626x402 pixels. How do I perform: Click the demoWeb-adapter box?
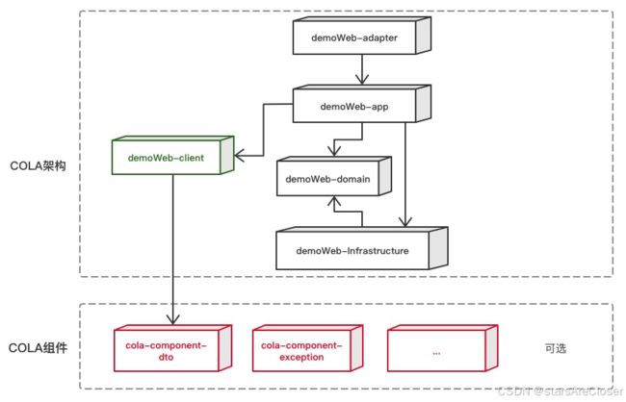(362, 36)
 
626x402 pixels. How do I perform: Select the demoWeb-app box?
(362, 104)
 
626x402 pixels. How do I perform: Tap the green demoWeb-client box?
(172, 155)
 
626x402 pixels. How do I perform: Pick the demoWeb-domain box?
(334, 176)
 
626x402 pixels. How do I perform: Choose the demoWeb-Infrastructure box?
(362, 248)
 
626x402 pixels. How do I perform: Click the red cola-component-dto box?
(172, 348)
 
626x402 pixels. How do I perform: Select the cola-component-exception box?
(307, 348)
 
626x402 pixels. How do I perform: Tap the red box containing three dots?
(442, 348)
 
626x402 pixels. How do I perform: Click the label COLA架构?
(38, 166)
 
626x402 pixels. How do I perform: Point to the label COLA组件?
(38, 348)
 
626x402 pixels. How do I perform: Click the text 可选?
(556, 348)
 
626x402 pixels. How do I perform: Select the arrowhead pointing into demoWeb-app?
(362, 79)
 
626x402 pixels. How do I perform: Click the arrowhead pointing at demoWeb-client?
(240, 156)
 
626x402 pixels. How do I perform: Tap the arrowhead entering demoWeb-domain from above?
(334, 150)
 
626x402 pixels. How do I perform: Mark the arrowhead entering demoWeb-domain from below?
(334, 201)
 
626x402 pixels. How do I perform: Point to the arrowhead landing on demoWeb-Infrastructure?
(405, 221)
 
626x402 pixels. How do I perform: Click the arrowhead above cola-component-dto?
(172, 319)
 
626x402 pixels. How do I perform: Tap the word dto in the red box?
(166, 357)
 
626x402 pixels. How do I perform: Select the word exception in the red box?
(301, 357)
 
